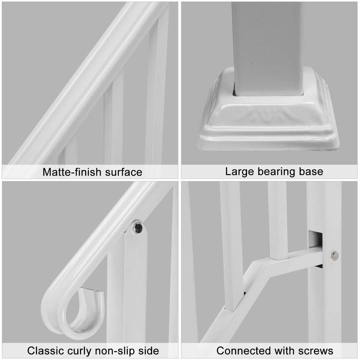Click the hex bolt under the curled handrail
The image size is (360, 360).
(138, 228)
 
